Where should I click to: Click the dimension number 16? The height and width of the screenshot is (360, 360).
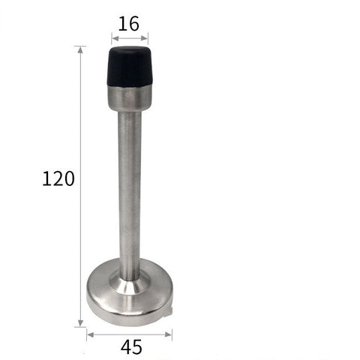coord(129,23)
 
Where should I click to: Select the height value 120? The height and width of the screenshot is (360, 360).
coord(58,179)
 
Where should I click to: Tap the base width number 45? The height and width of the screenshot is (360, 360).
coord(131,347)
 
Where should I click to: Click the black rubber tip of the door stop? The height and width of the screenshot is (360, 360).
coord(130,66)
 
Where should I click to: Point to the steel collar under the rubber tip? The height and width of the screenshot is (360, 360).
coord(130,97)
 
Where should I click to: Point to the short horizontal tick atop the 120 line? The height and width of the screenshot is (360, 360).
coord(80,46)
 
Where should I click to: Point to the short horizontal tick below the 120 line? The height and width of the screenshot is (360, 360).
coord(80,327)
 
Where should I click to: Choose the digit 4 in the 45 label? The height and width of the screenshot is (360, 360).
coord(125,347)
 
